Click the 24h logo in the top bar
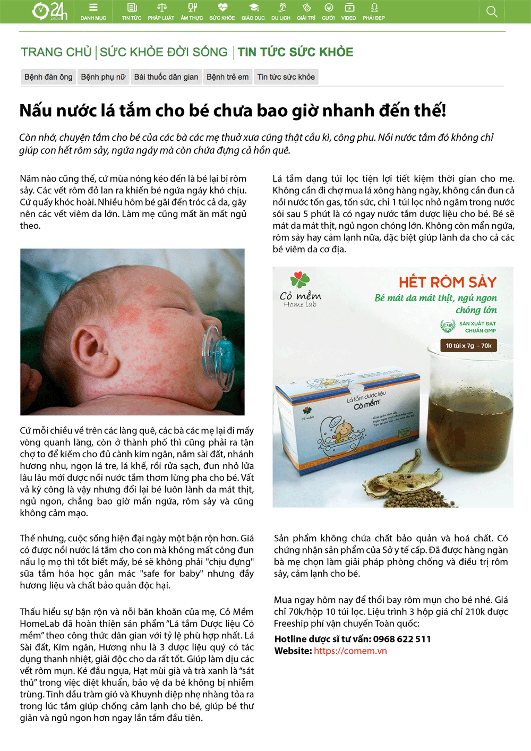(x=49, y=11)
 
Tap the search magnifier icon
(x=492, y=12)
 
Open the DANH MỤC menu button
(x=93, y=12)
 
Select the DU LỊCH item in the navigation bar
(x=281, y=12)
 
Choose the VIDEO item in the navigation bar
(x=348, y=12)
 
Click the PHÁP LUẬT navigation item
(x=161, y=12)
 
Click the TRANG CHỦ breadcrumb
(x=56, y=52)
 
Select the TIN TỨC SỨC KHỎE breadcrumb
(x=295, y=52)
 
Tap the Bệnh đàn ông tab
(x=48, y=77)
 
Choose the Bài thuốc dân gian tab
(x=166, y=77)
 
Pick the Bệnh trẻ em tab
(x=227, y=77)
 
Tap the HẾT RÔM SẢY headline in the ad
(x=447, y=282)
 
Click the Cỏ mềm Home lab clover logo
(x=300, y=280)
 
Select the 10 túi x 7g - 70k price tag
(x=468, y=346)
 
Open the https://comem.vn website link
(x=350, y=651)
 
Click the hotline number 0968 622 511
(x=402, y=639)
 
